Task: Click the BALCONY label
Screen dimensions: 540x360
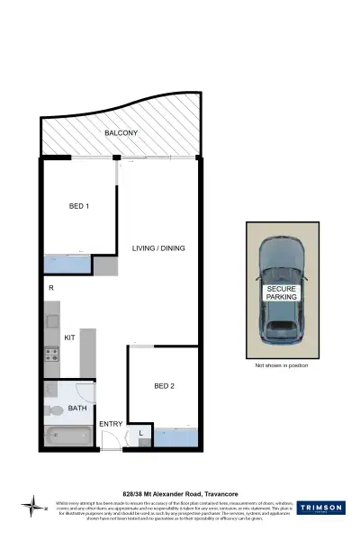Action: click(x=120, y=133)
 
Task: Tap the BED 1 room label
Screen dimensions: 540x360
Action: click(x=79, y=206)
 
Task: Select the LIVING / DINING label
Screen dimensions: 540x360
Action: click(x=157, y=248)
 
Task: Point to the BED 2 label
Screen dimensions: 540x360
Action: click(x=163, y=386)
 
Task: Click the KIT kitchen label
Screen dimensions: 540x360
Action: click(x=69, y=337)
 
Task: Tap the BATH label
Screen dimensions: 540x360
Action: click(x=79, y=407)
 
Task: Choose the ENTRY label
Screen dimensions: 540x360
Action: click(x=111, y=424)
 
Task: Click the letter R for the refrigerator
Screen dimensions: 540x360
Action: click(x=51, y=288)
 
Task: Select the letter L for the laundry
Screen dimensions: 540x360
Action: click(x=141, y=435)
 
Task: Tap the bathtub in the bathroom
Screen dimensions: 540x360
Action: click(x=70, y=436)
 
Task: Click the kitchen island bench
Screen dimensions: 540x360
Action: click(x=88, y=352)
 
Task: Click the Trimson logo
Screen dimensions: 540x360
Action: click(x=320, y=508)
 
